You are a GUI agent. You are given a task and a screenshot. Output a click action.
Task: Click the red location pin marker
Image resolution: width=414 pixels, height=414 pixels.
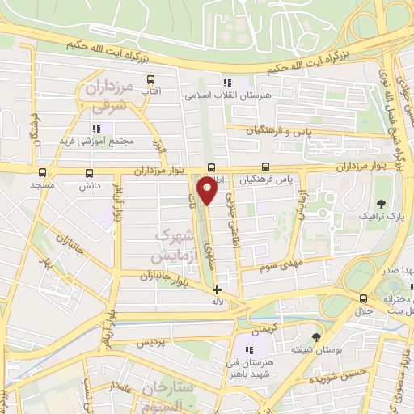209,190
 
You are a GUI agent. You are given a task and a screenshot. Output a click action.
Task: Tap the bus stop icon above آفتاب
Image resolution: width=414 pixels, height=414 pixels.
150,79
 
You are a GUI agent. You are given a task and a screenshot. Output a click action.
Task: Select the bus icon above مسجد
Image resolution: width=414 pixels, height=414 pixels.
41,172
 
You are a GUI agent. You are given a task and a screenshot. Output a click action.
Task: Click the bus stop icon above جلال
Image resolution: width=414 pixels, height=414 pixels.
361,299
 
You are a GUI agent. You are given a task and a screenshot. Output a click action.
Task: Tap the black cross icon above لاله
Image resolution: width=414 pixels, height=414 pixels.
217,289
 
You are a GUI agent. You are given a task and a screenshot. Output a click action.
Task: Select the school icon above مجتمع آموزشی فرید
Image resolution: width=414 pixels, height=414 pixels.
96,128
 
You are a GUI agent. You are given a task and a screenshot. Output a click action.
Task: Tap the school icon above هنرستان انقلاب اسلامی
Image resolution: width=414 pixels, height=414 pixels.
227,82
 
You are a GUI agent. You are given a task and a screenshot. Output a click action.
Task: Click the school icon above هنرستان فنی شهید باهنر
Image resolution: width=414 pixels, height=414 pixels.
250,349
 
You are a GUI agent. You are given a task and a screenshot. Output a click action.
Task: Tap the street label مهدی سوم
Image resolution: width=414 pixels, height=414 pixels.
279,264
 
